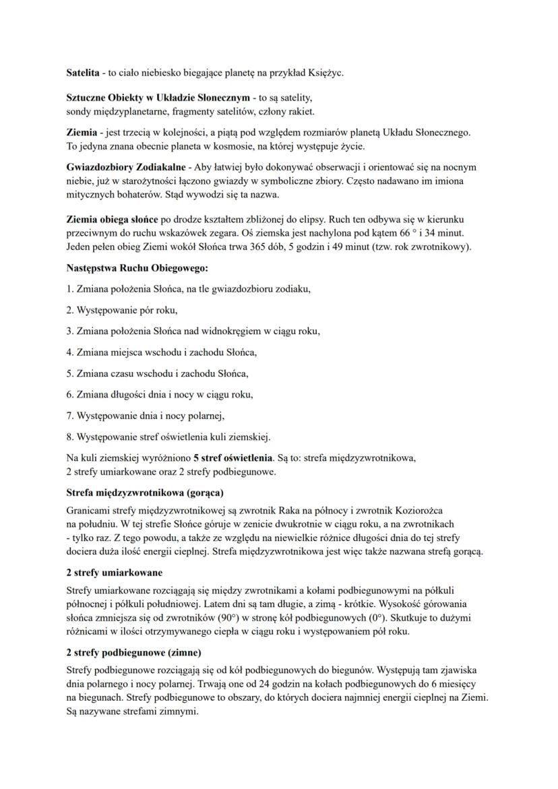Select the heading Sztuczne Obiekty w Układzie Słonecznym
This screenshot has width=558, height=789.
pos(158,98)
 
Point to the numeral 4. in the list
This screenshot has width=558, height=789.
pos(70,352)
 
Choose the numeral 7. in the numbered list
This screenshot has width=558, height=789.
pos(70,415)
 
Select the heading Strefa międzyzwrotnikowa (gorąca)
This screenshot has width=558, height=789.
pos(145,492)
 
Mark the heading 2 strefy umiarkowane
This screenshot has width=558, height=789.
pos(114,572)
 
